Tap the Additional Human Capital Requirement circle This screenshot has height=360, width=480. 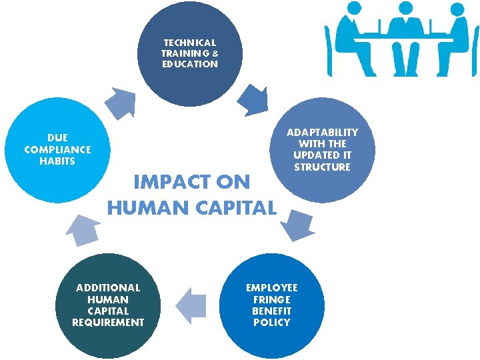(108, 305)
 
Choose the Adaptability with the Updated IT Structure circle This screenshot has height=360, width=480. (323, 149)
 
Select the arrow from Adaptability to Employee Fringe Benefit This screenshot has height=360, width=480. (297, 226)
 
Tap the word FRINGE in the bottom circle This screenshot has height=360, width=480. (271, 299)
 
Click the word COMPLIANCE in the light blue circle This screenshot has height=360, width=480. (57, 149)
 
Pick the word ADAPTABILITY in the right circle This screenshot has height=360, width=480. (322, 132)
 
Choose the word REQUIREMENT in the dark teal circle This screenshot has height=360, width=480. (108, 323)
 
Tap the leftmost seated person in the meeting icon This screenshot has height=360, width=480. (351, 37)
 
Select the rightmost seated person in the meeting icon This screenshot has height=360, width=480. (457, 37)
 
